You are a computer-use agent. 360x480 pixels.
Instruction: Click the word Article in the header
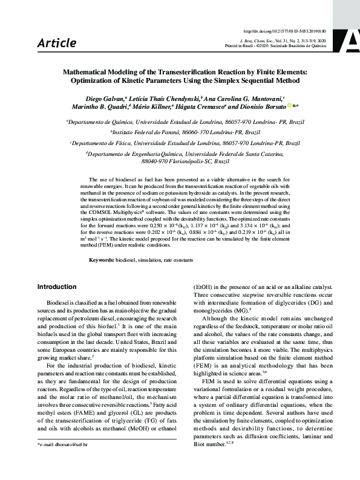pos(57,42)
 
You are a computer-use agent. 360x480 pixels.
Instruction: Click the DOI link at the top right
pos(292,30)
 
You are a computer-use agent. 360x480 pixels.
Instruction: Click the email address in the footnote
pos(66,462)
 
